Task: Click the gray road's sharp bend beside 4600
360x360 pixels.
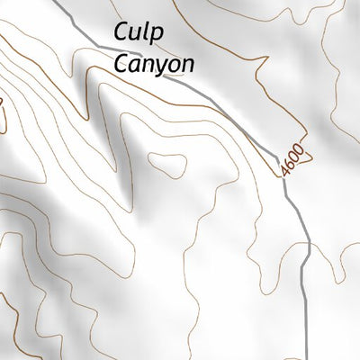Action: pos(286,175)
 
